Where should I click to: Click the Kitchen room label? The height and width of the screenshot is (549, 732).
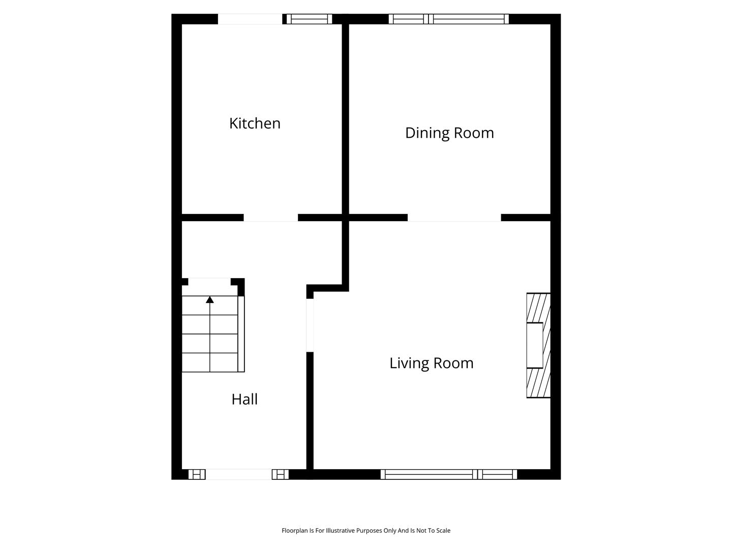click(x=255, y=124)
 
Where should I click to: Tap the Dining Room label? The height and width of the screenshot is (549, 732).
click(x=449, y=133)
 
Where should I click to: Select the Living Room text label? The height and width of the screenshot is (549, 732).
click(x=431, y=363)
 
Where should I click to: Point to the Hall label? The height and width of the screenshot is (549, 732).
click(x=245, y=399)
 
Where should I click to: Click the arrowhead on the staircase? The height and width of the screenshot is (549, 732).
click(x=209, y=300)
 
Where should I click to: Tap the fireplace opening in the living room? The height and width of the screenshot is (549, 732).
click(x=535, y=345)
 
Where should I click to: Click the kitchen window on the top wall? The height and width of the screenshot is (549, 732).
click(x=309, y=19)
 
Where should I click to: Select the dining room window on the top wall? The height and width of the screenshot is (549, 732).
click(x=448, y=19)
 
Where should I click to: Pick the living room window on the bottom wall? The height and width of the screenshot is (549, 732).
click(x=448, y=474)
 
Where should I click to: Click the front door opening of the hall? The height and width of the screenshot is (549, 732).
click(x=238, y=474)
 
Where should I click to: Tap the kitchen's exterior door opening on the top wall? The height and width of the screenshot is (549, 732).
click(x=250, y=19)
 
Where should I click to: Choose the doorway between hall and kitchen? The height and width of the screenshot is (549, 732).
click(x=270, y=218)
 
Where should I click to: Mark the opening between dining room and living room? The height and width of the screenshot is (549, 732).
click(x=454, y=218)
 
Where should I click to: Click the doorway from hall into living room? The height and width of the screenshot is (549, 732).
click(x=310, y=325)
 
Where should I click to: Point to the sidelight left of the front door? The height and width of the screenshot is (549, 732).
click(x=197, y=474)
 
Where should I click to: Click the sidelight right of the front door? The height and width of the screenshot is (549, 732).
click(x=280, y=474)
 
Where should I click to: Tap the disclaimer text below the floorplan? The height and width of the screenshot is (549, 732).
click(x=366, y=531)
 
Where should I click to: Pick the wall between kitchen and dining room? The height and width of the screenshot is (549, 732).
click(x=345, y=119)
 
